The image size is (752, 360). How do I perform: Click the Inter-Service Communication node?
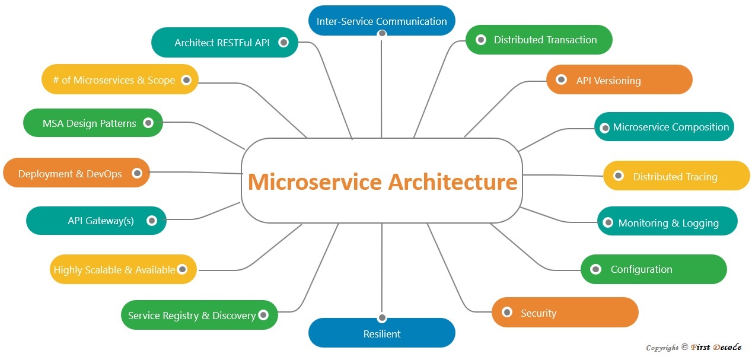pyautogui.click(x=381, y=21)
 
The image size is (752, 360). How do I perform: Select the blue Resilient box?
pyautogui.click(x=381, y=333)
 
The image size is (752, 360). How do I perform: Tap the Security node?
pyautogui.click(x=565, y=313)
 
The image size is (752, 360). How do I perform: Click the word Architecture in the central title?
pyautogui.click(x=453, y=181)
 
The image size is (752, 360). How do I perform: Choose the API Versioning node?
pyautogui.click(x=619, y=80)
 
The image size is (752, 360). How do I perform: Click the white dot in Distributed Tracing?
pyautogui.click(x=618, y=176)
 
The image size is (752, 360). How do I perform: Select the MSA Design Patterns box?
pyautogui.click(x=93, y=123)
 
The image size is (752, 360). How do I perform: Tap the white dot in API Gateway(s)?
pyautogui.click(x=152, y=221)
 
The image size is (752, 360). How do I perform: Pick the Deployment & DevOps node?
pyautogui.click(x=76, y=173)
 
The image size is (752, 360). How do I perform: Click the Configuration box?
pyautogui.click(x=653, y=269)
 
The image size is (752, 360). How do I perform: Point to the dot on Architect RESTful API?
pyautogui.click(x=283, y=42)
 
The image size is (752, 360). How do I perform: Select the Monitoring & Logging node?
pyautogui.click(x=667, y=222)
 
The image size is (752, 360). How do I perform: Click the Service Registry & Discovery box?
pyautogui.click(x=199, y=316)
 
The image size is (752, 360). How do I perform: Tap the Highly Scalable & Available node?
pyautogui.click(x=123, y=270)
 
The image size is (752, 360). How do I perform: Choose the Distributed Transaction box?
pyautogui.click(x=538, y=40)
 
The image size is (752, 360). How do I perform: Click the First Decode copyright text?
pyautogui.click(x=693, y=348)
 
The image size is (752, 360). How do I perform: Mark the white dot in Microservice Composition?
pyautogui.click(x=605, y=128)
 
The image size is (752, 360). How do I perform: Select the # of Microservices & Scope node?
pyautogui.click(x=120, y=79)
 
